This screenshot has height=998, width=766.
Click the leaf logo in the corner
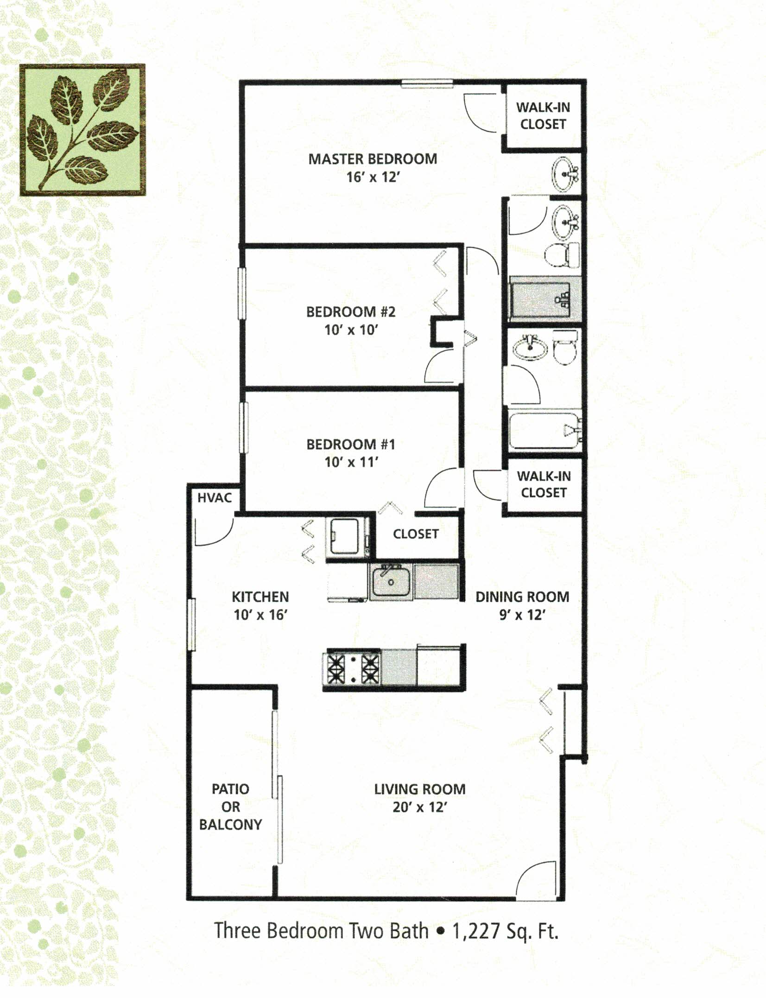[82, 130]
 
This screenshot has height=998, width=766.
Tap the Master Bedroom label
[373, 159]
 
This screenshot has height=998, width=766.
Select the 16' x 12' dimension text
[373, 178]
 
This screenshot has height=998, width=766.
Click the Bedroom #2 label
[351, 311]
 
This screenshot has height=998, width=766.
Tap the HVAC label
[214, 498]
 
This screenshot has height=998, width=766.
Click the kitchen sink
[391, 582]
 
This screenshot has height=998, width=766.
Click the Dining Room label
[522, 597]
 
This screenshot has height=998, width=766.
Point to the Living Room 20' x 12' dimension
[419, 807]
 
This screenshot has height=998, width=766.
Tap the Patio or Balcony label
[230, 807]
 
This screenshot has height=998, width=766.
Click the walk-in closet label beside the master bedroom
[543, 116]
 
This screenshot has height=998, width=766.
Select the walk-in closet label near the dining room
[544, 484]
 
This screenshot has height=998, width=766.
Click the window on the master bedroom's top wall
[427, 83]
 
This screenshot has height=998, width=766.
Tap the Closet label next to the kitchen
[416, 534]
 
